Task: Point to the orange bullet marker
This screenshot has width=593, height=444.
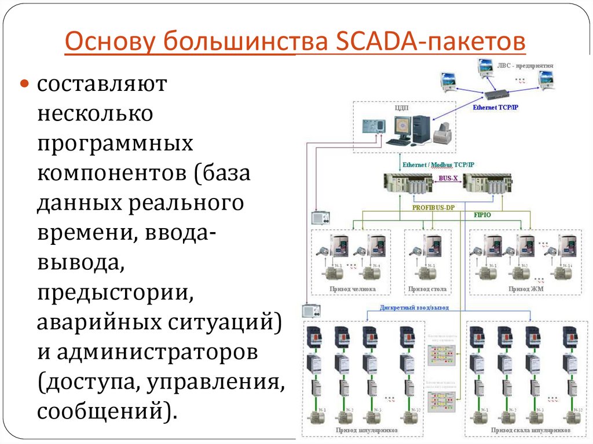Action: [25, 84]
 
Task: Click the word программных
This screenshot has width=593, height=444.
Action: [115, 144]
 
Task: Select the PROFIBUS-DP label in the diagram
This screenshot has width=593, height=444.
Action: [433, 207]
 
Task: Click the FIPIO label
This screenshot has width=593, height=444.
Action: [475, 214]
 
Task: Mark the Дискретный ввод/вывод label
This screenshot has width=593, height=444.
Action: [414, 308]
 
